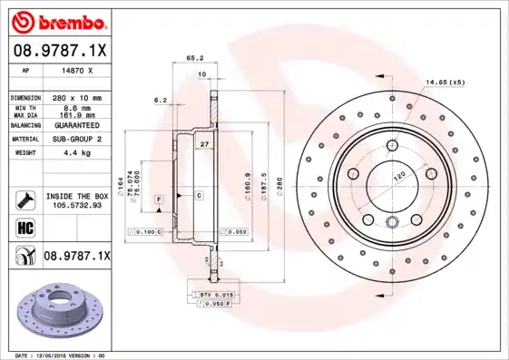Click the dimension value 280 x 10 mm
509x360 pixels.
[x=76, y=97]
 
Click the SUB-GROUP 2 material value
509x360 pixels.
[x=75, y=140]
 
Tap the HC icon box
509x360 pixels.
[x=25, y=227]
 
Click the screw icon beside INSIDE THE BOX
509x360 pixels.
[x=25, y=200]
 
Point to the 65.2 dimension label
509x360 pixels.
[x=193, y=58]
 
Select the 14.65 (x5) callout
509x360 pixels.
[x=445, y=83]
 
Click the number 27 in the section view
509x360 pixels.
[x=205, y=145]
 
